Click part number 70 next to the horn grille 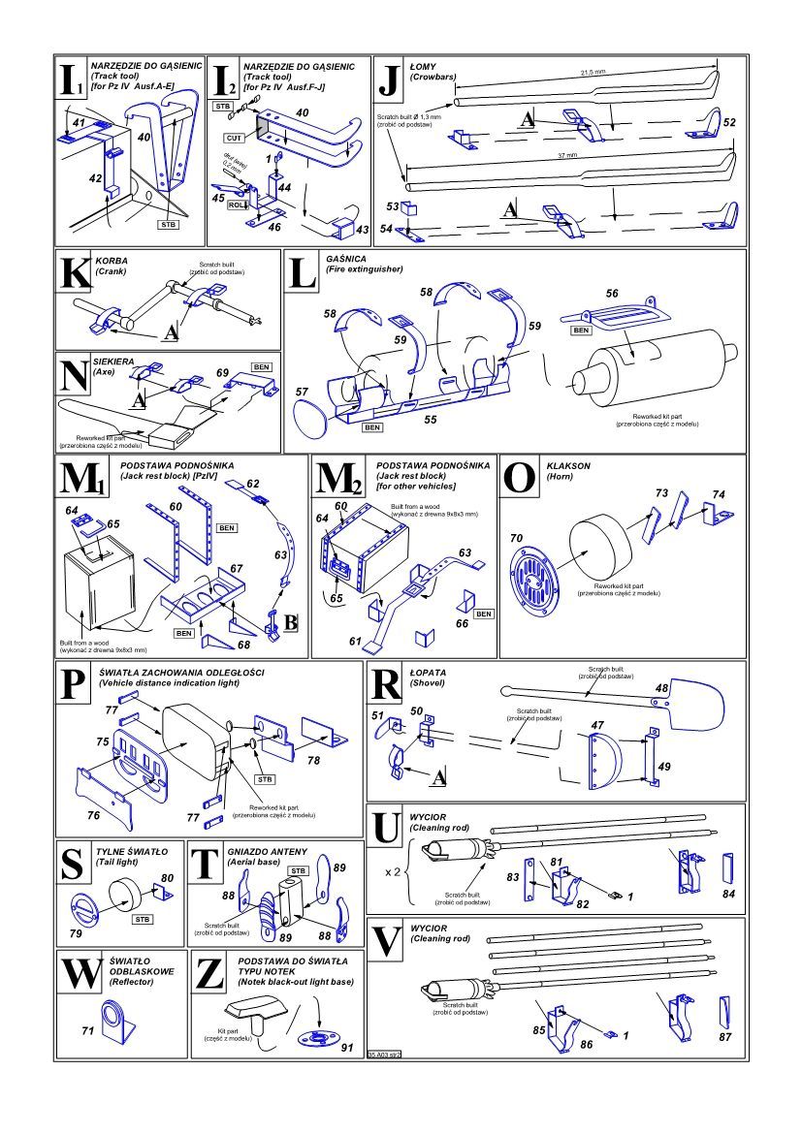pos(515,538)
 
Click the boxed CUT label pos(234,139)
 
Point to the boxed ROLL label pos(236,205)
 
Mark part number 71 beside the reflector pos(87,1031)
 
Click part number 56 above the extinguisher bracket pos(611,293)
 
